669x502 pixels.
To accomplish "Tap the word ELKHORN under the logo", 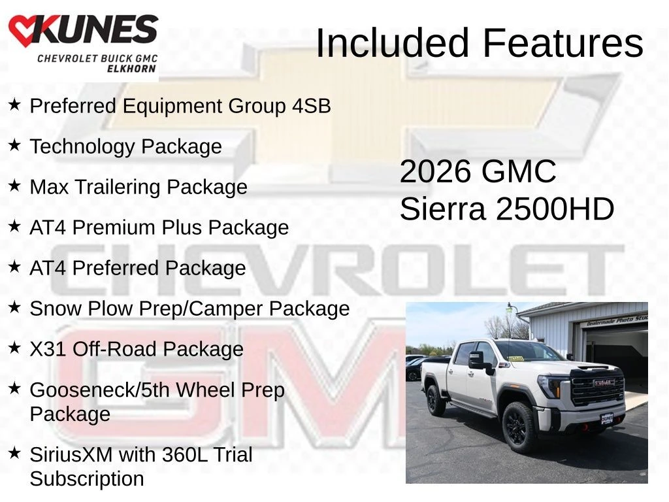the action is [x=131, y=68].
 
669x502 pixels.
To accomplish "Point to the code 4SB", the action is [x=312, y=106].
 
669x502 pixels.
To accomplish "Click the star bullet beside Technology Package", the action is [x=14, y=144].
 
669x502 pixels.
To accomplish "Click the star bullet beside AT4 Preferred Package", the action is [x=14, y=267].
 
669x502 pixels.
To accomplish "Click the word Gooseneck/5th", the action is [x=100, y=390].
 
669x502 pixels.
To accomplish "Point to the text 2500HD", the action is [x=555, y=209].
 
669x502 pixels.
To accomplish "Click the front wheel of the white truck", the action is [x=519, y=426].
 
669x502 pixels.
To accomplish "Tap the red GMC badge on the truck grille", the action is [x=604, y=383].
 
